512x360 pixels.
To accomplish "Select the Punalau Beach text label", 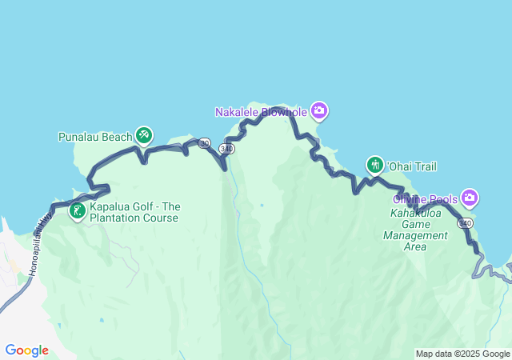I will coord(94,137).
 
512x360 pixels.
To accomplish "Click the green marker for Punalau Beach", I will coord(143,135).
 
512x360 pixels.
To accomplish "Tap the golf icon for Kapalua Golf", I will coord(78,211).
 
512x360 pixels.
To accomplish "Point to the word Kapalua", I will coord(110,206).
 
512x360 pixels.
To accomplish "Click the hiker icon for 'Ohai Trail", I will coord(375,166).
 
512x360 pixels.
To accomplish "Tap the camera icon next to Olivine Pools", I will coord(470,198).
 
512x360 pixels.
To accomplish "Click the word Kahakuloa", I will coord(415,214).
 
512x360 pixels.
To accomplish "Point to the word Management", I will coord(415,236).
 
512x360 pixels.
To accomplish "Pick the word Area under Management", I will coord(415,247).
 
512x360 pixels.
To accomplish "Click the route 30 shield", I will coord(205,143).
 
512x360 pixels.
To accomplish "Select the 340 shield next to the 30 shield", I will coord(228,150).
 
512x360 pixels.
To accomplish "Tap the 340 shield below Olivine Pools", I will coord(466,222).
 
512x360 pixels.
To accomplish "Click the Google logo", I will coord(26,350).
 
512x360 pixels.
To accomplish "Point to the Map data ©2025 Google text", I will coord(462,354).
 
